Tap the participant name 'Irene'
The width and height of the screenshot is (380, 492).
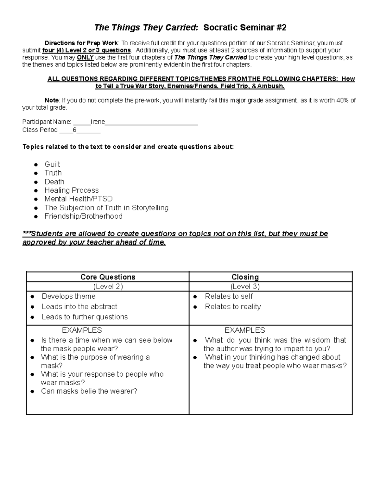coord(98,122)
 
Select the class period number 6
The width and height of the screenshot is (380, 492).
coord(74,130)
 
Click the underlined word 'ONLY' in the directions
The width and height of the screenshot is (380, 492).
coord(85,58)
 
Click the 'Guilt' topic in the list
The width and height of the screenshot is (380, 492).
coord(52,164)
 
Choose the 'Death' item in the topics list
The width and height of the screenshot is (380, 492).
coord(54,182)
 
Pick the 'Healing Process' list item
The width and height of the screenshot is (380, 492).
coord(72,190)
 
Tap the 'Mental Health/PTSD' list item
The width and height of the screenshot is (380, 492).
coord(78,199)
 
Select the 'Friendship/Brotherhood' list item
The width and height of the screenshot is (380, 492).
coord(83,216)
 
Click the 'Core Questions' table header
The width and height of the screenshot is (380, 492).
coord(108,277)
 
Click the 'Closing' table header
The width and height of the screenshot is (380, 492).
coord(245,277)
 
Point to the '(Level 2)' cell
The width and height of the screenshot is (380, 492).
coord(108,286)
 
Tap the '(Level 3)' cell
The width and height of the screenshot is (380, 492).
coord(245,286)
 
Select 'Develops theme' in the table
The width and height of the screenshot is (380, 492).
coord(68,296)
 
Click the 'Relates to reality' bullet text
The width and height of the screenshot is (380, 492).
coord(233,306)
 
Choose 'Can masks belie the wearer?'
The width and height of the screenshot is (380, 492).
coord(89,391)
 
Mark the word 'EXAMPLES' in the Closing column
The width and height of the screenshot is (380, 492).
coord(245,330)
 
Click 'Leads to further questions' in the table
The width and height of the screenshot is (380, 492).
coord(85,317)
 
